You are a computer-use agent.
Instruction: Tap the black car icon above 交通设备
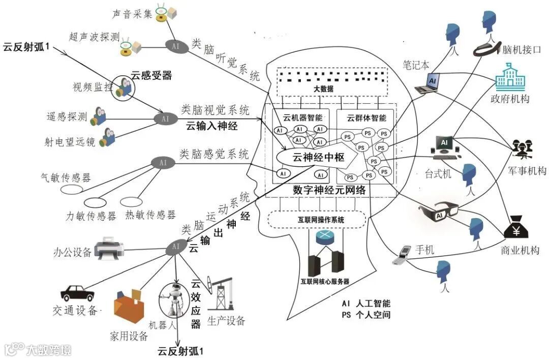[x=77, y=293]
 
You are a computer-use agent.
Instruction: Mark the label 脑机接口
[x=521, y=50]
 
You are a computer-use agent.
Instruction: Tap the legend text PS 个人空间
[x=366, y=315]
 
